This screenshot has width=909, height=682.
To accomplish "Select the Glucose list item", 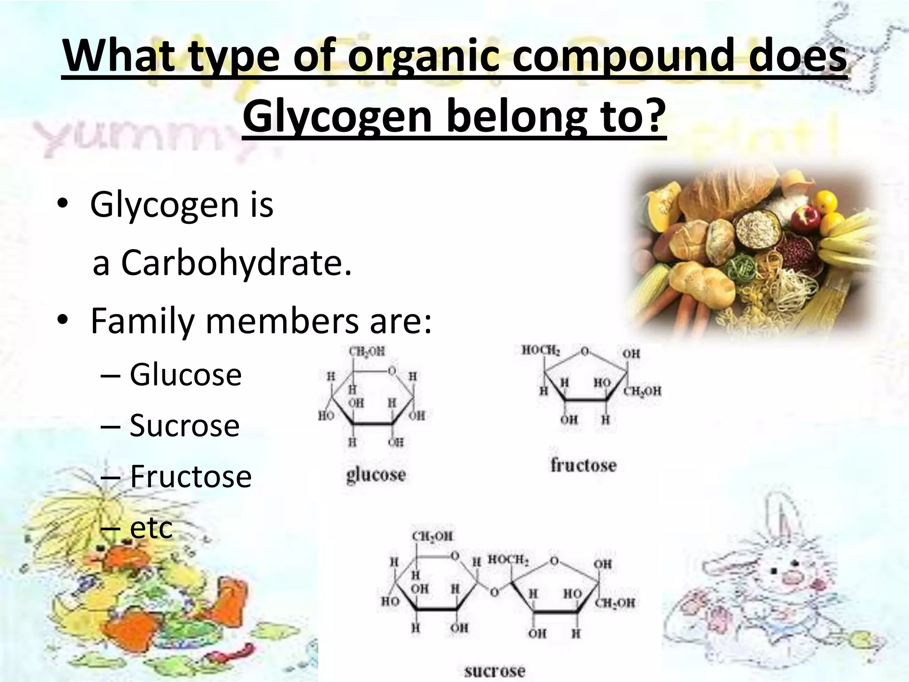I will [x=186, y=375].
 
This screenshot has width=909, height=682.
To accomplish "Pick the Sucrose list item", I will [x=184, y=425].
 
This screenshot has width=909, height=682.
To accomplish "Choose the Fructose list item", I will [x=190, y=476].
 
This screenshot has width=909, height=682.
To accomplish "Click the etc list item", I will [x=151, y=527].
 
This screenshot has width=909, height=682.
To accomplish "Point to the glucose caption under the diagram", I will [x=376, y=475].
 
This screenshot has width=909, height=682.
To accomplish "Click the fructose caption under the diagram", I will [x=584, y=465].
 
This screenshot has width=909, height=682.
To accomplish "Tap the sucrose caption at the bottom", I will [x=494, y=671].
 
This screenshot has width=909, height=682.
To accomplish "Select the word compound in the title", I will [x=624, y=57].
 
